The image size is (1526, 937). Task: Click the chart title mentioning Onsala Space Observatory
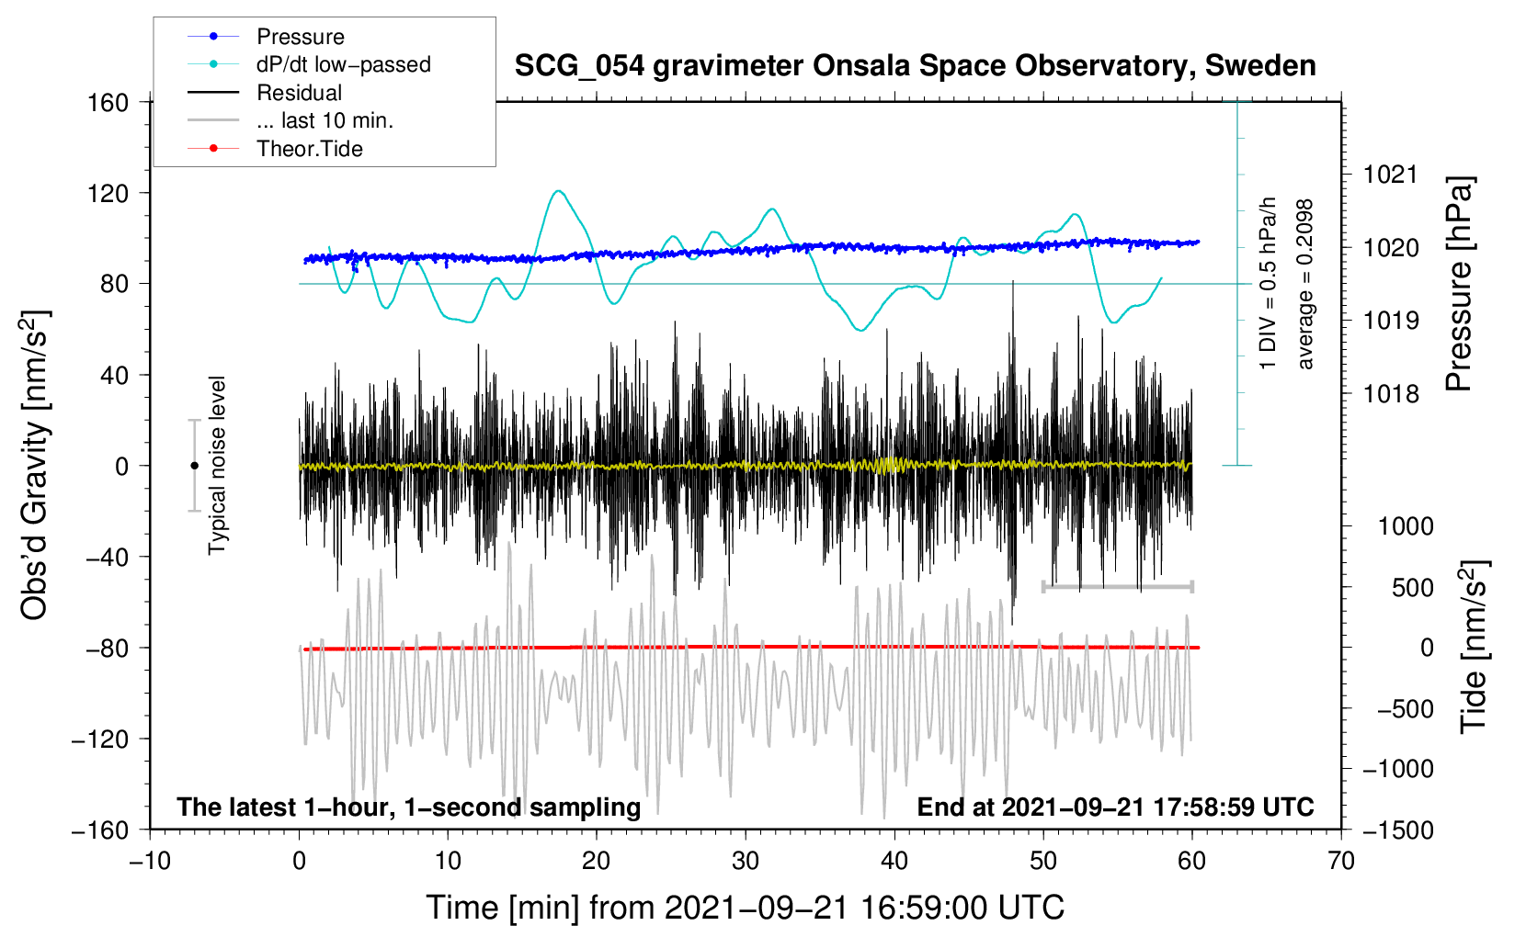coord(915,66)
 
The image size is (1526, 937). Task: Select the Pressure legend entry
coord(300,37)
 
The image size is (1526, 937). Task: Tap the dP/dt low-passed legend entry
coord(343,64)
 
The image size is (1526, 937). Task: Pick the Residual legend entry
coord(299,93)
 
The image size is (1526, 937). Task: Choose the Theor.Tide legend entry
coord(309,149)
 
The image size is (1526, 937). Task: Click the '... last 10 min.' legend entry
coord(325,120)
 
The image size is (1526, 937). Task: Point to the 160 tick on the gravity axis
coord(108,102)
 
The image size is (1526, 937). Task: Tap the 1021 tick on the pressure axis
coord(1391,175)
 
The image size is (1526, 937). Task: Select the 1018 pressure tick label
coord(1391,394)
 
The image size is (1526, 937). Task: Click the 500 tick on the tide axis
coord(1412,587)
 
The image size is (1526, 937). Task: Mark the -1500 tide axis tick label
coord(1397,830)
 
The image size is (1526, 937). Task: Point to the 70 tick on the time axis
coord(1341,861)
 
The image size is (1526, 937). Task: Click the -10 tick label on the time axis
coord(150,861)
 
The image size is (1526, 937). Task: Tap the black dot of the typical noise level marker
coord(194,466)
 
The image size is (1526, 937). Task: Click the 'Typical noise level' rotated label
coord(217,466)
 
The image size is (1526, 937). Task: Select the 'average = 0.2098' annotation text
coord(1304,285)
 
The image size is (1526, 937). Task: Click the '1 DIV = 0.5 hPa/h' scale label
coord(1269,283)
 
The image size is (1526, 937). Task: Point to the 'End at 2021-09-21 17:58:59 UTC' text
coord(1115,807)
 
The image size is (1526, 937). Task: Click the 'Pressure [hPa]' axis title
coord(1459,285)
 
